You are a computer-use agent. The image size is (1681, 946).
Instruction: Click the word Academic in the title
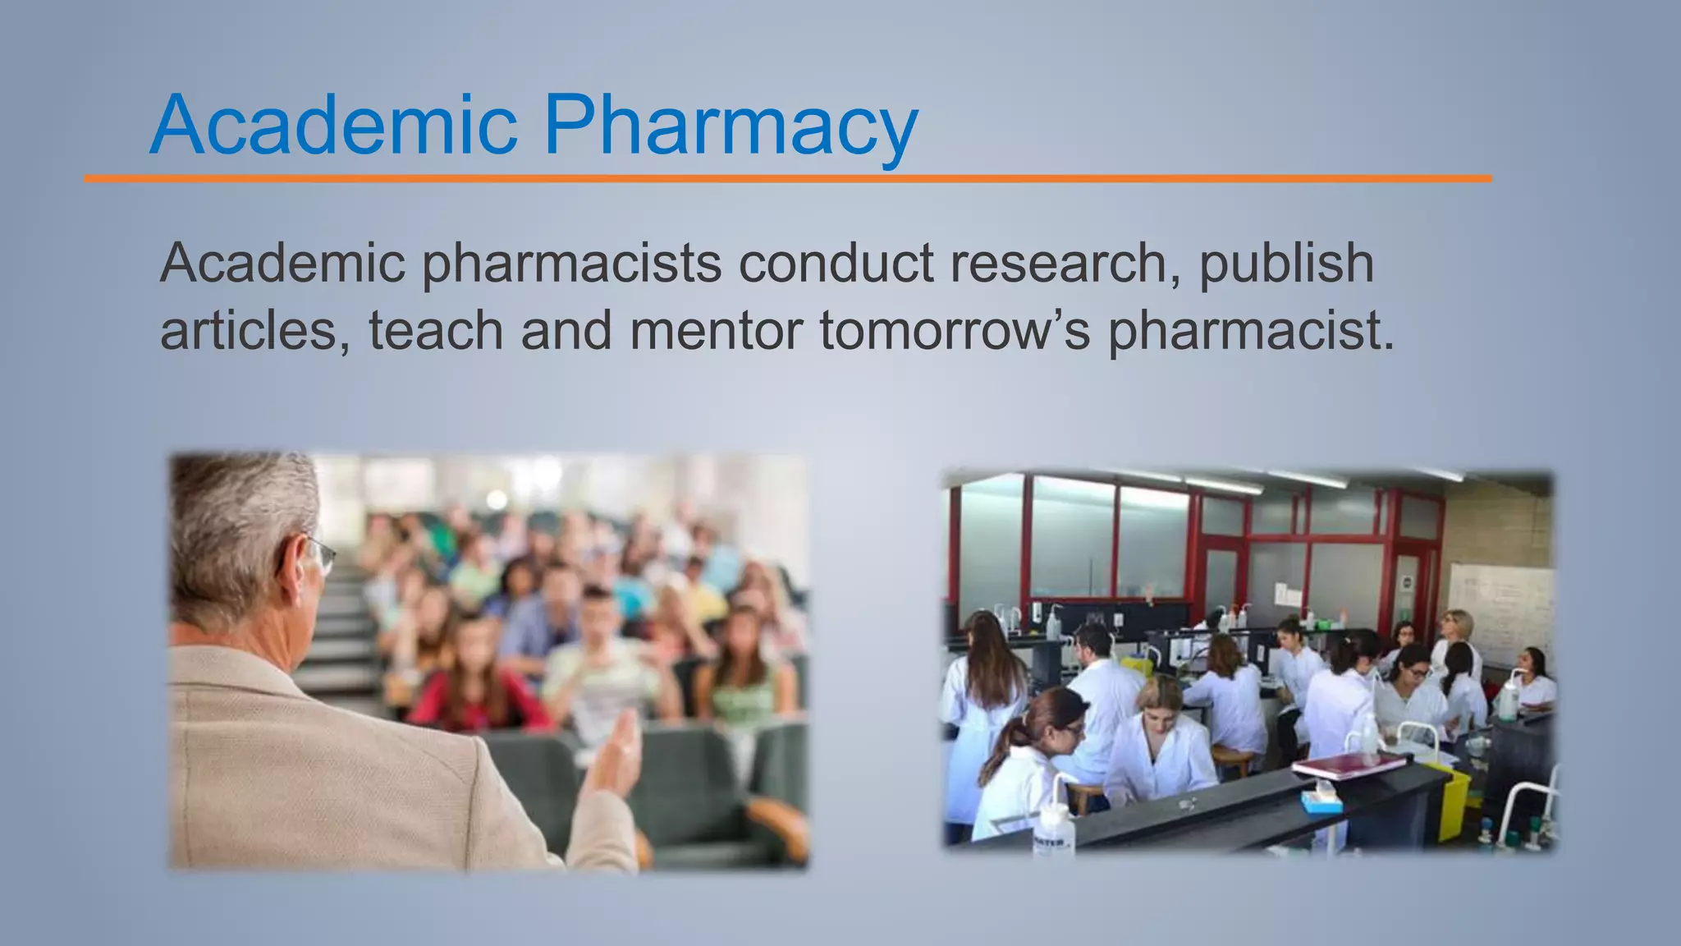point(332,125)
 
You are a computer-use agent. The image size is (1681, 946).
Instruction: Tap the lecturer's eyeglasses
point(320,553)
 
